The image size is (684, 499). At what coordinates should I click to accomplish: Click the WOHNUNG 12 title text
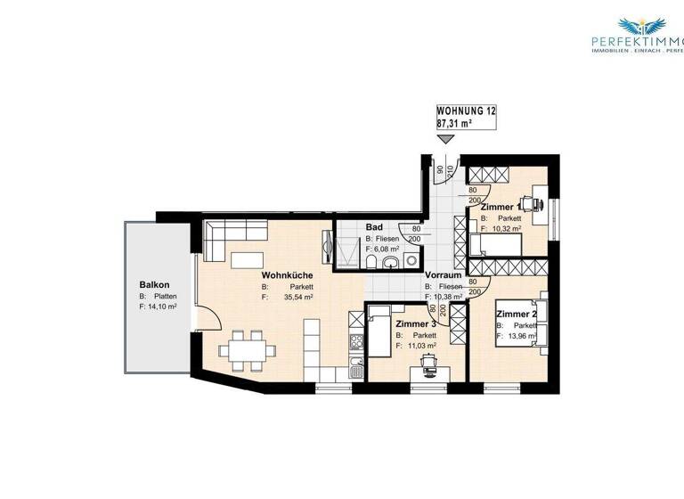click(x=466, y=110)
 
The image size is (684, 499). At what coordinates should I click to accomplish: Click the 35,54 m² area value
click(x=298, y=299)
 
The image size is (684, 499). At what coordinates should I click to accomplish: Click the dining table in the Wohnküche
click(x=247, y=349)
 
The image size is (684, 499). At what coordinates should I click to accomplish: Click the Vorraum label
click(x=443, y=275)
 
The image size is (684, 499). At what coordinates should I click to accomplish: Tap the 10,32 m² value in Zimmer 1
click(x=503, y=229)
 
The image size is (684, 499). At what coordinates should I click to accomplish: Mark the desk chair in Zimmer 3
click(x=431, y=359)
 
